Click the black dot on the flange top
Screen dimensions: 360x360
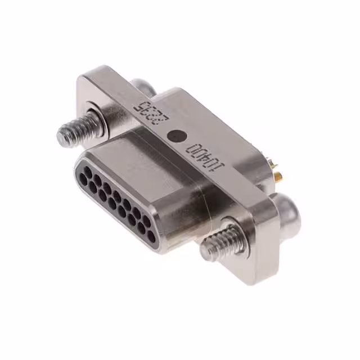point(178,136)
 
